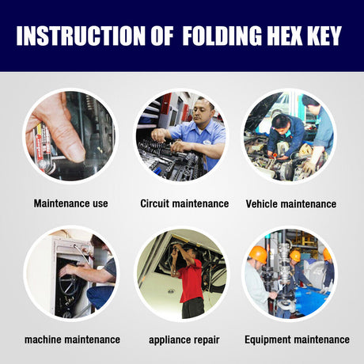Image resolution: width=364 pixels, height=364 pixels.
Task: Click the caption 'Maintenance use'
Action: coord(70,203)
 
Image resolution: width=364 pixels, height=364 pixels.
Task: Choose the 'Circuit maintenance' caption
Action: coord(184,203)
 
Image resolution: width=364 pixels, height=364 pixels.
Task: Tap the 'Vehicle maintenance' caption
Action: coord(290,203)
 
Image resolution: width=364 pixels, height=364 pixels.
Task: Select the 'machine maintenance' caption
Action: coord(72,339)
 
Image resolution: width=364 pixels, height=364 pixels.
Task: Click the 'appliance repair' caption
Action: coord(184,339)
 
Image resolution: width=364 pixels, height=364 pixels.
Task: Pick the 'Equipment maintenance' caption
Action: coord(297,339)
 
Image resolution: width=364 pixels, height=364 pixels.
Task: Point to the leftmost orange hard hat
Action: coord(258,254)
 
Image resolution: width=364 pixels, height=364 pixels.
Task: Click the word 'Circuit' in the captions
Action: coord(156,203)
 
